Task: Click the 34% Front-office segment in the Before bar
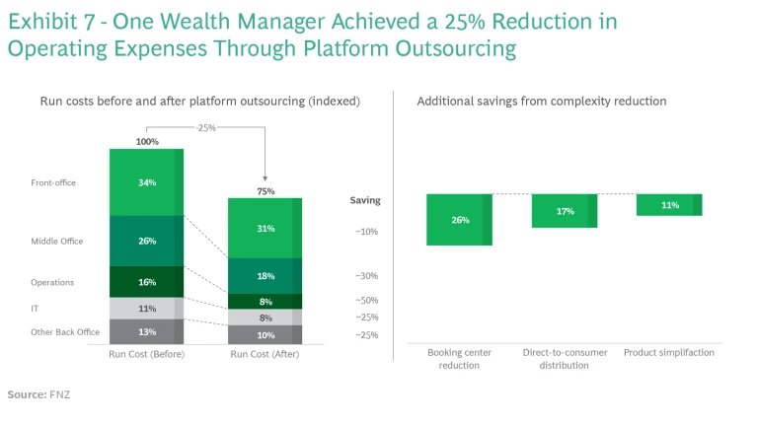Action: point(146,182)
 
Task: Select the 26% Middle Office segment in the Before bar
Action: point(146,241)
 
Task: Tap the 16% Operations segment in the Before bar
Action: point(146,282)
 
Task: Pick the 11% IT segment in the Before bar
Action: point(146,309)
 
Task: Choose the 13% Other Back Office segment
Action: point(146,332)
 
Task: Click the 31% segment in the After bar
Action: point(265,229)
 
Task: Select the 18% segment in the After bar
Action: point(265,276)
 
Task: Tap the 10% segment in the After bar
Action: point(265,335)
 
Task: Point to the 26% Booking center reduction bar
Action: point(460,220)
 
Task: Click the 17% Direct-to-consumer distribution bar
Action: point(565,211)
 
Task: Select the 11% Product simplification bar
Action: point(669,205)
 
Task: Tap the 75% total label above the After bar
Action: point(265,191)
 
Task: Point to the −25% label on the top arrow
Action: point(205,127)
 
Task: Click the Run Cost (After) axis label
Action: point(265,354)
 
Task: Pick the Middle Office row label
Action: point(57,242)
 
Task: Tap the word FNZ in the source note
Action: point(61,394)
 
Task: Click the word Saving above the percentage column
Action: point(364,200)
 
